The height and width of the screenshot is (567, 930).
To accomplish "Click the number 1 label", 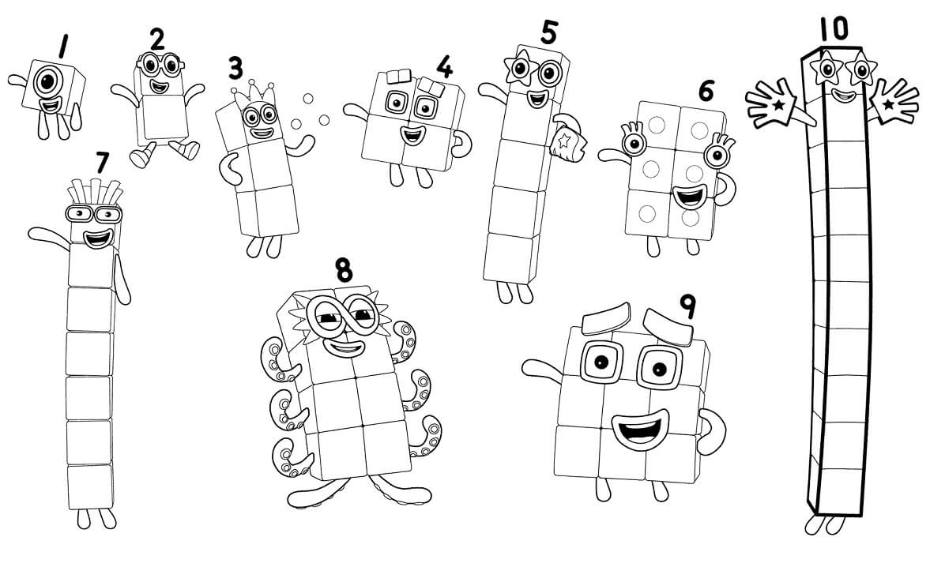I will (x=62, y=47).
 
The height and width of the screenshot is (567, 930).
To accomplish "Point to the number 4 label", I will (x=445, y=67).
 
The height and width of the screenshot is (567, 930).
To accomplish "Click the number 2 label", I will (x=158, y=39).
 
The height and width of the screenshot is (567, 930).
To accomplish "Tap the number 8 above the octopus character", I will (x=343, y=269).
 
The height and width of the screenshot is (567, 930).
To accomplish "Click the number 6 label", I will (x=706, y=91).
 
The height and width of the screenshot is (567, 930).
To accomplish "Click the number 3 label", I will (x=235, y=68).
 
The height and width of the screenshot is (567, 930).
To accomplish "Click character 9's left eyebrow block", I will (x=605, y=320).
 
